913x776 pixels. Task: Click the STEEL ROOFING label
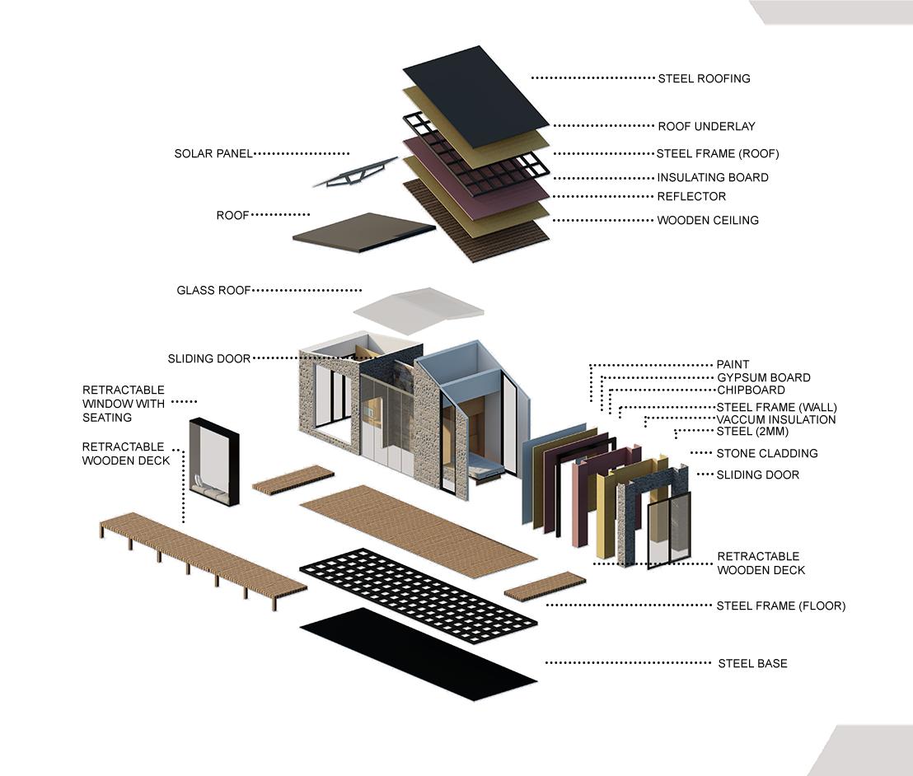pos(704,79)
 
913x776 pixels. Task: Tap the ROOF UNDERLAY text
pos(706,127)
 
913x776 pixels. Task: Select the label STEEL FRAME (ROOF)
pos(717,154)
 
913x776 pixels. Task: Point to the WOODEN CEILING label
pos(707,221)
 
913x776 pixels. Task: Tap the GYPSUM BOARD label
pos(763,378)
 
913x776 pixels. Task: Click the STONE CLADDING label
pos(766,454)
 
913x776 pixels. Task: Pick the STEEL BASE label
pos(752,663)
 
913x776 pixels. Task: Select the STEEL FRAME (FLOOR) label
pos(780,606)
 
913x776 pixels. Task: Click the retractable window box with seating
pos(214,461)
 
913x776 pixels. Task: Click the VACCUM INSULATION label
pos(775,420)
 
